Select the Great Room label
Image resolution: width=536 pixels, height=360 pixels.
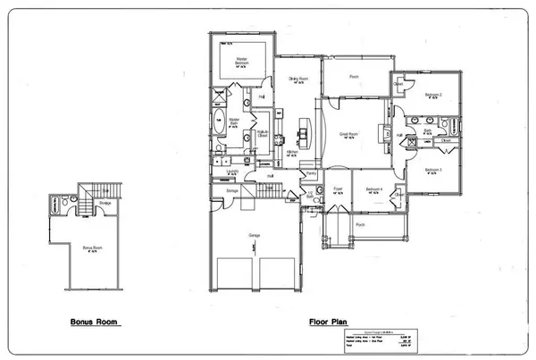348,134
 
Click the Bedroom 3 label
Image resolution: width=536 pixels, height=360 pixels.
434,169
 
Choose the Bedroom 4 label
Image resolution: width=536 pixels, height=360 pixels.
375,189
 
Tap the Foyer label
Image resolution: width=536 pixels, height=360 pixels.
339,189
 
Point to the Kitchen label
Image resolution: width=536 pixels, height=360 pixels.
291,152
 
